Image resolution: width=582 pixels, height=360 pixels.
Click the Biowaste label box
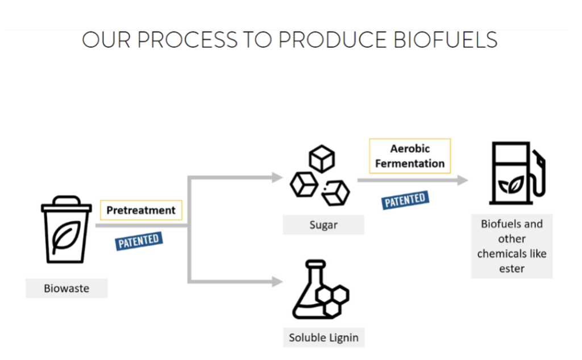click(x=66, y=288)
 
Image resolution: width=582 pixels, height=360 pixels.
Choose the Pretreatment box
click(x=141, y=210)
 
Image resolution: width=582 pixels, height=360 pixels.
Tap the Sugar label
click(x=323, y=225)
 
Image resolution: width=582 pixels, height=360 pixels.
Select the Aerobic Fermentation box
click(x=409, y=156)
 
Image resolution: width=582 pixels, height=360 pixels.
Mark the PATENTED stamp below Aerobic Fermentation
click(x=405, y=200)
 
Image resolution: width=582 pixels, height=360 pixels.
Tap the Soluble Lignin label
click(x=323, y=337)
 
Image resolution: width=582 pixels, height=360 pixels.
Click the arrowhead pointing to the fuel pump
click(x=463, y=180)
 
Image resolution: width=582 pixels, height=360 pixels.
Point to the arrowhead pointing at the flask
click(x=277, y=281)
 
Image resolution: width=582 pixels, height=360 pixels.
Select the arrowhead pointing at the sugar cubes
click(x=277, y=177)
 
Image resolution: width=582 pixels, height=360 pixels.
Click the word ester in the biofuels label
click(x=512, y=268)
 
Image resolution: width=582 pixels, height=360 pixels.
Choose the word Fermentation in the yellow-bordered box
click(x=409, y=163)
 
